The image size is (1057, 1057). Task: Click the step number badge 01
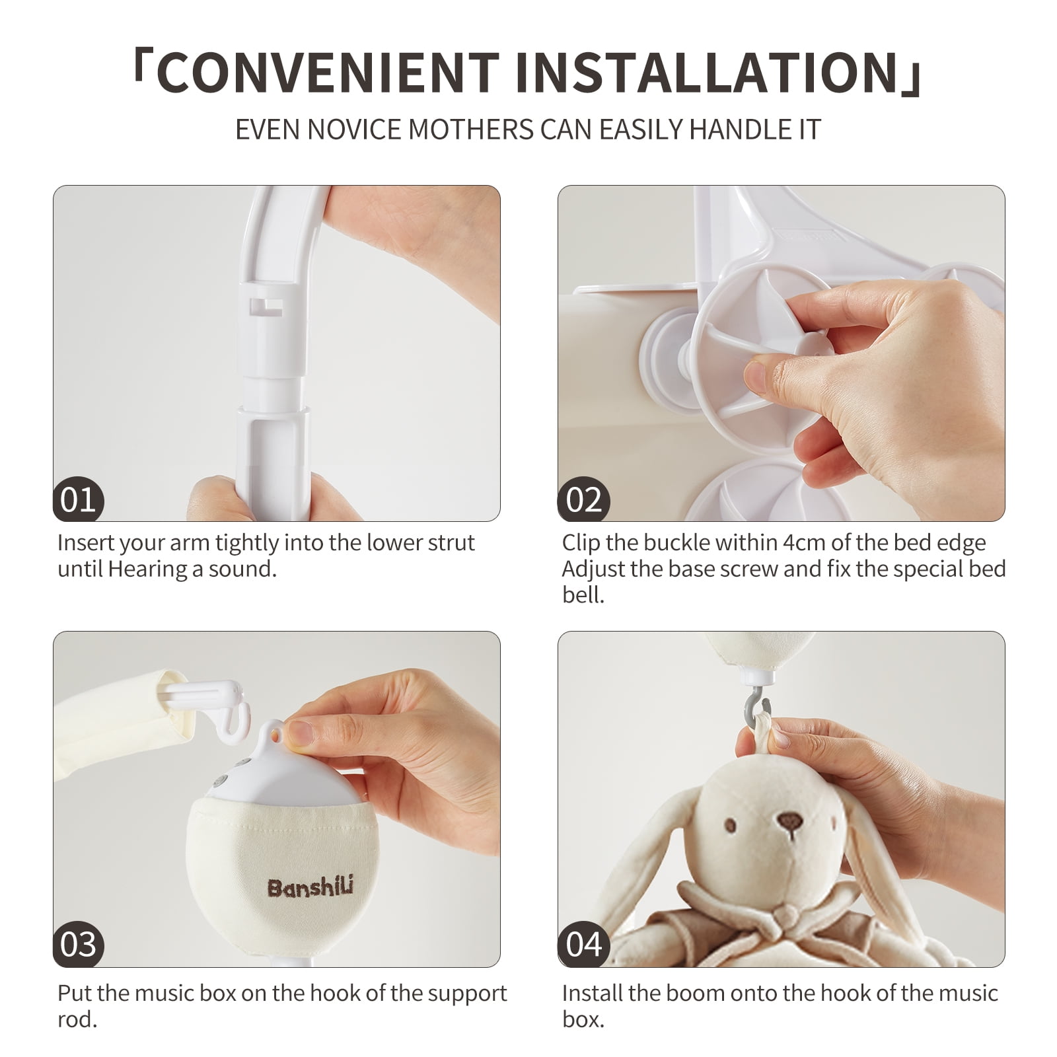(79, 499)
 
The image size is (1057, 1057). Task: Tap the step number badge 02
(583, 499)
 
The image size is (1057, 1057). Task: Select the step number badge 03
(79, 944)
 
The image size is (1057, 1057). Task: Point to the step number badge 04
(583, 944)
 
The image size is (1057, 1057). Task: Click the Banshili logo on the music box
(310, 887)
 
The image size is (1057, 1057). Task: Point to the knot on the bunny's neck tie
(786, 915)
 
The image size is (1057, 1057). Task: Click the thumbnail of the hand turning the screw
(781, 353)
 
